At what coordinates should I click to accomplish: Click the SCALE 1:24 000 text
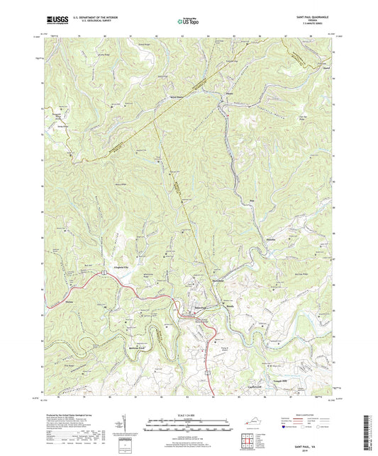click(x=190, y=415)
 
